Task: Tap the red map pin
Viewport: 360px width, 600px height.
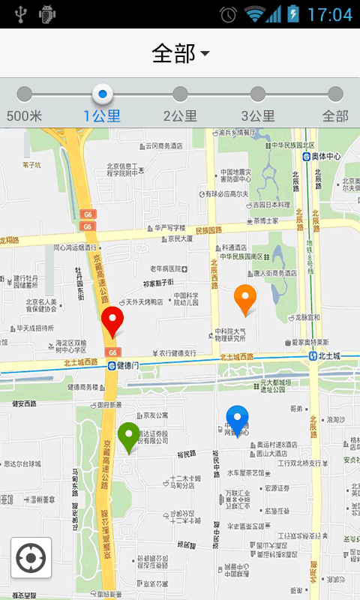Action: coord(112,320)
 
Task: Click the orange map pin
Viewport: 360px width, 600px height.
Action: coord(244,298)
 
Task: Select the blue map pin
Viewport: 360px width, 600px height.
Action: coord(237,419)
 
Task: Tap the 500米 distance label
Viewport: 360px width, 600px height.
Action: coord(24,116)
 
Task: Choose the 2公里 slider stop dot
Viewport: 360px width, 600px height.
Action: coord(180,94)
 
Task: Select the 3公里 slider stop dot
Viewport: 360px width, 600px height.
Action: coord(258,94)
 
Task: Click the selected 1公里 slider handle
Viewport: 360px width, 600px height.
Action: coord(103,94)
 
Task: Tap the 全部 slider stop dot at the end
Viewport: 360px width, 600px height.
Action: coord(335,94)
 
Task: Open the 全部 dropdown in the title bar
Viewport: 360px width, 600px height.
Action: coord(180,53)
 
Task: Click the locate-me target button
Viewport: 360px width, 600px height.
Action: coord(31,557)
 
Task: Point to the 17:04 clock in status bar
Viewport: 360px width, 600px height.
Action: coord(329,14)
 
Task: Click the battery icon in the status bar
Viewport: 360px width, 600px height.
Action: coord(292,13)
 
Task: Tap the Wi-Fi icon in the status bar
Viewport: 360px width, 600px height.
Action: coord(254,14)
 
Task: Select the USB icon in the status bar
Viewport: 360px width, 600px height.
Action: coord(20,13)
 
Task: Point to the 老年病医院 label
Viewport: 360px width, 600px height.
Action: coord(166,268)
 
